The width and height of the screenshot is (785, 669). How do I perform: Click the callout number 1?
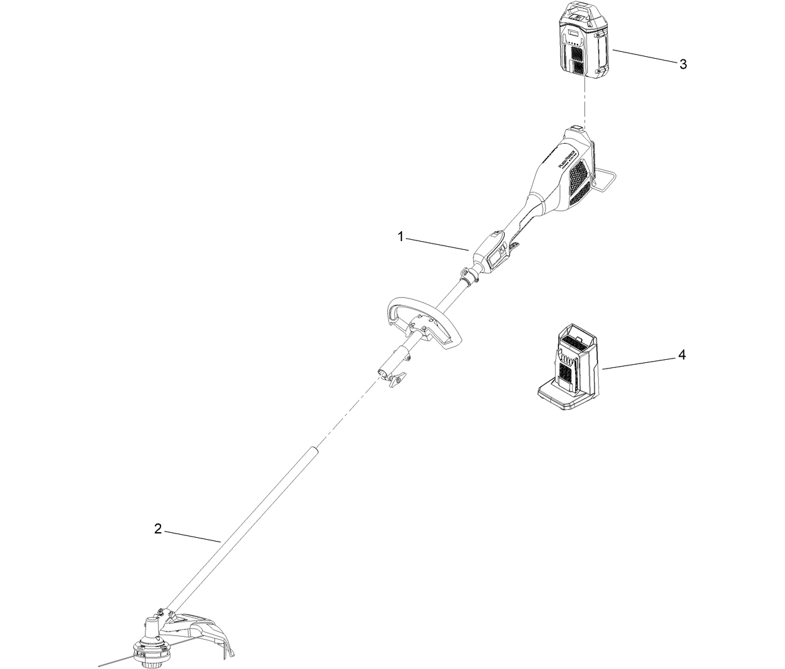[402, 236]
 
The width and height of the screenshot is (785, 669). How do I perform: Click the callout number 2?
[158, 529]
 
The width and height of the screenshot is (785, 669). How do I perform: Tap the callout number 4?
[681, 355]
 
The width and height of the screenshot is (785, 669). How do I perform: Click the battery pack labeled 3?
[584, 41]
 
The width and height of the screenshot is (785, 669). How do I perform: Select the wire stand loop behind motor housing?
[606, 181]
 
